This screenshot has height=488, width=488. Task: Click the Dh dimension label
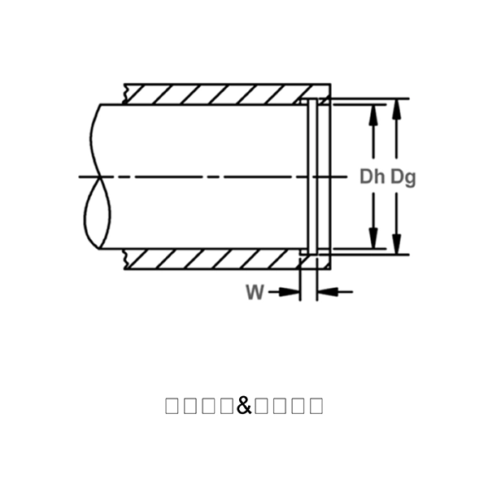tap(373, 176)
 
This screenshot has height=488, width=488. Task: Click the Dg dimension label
tap(403, 176)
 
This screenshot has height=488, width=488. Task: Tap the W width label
tap(255, 292)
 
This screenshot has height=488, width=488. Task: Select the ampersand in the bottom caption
tap(244, 404)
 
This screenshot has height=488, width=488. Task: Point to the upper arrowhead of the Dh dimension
tap(373, 112)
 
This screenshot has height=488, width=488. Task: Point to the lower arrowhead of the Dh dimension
tap(373, 241)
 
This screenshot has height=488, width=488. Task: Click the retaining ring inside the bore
tap(312, 176)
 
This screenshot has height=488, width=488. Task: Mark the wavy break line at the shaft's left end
tap(96, 176)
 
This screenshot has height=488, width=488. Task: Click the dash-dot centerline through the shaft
tap(203, 176)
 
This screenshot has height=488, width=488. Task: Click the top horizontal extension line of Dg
tap(366, 98)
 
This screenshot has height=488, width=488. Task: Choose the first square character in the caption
tap(172, 405)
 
